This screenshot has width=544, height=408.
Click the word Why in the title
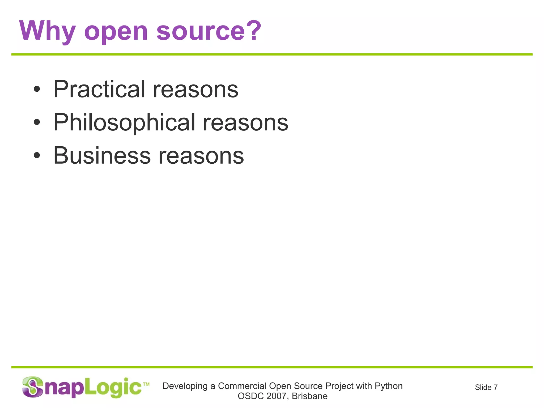48,31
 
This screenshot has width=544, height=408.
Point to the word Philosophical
124,122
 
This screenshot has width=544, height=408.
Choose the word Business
102,155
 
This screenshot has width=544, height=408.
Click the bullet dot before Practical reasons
37,89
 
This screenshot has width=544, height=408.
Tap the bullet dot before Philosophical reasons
37,122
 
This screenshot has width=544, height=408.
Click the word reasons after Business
201,156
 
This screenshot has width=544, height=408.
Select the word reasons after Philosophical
245,123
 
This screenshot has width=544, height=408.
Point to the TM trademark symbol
146,384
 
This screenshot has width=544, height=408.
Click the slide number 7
495,387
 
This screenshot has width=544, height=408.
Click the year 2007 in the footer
276,396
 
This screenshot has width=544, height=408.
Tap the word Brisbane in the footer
310,396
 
